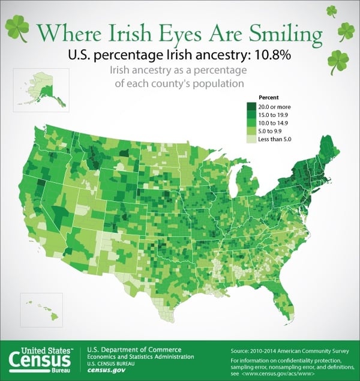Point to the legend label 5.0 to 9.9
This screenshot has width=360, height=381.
[273, 131]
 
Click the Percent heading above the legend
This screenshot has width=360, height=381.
[268, 97]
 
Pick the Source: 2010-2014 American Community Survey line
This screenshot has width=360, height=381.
[286, 349]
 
